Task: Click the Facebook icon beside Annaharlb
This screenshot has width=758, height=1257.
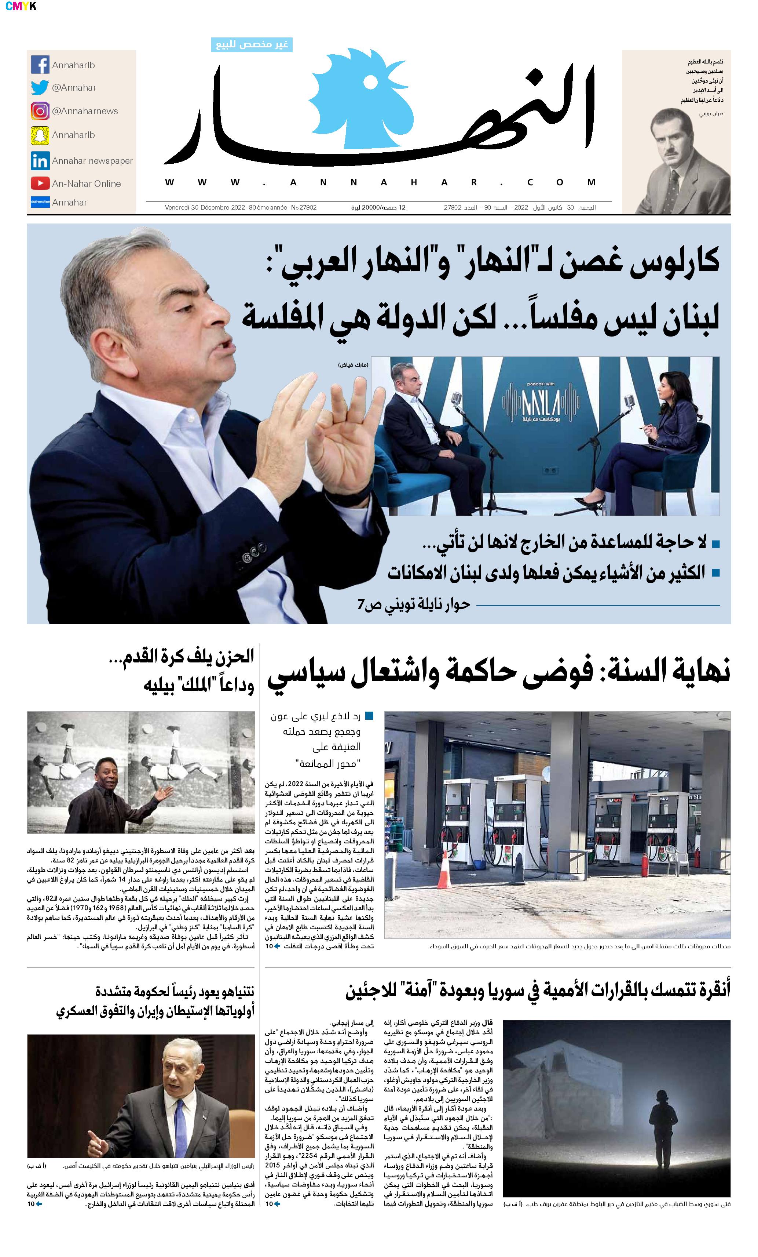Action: click(40, 65)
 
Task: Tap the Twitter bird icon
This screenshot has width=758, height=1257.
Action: click(40, 87)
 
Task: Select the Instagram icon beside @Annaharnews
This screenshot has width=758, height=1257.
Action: click(40, 111)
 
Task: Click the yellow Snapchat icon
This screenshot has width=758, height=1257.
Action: click(40, 135)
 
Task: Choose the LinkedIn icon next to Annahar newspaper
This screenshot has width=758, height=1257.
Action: click(40, 161)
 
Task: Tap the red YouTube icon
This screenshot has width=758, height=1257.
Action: click(40, 183)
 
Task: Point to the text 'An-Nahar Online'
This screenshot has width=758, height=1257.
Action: click(86, 184)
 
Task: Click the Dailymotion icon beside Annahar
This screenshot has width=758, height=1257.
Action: click(40, 202)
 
